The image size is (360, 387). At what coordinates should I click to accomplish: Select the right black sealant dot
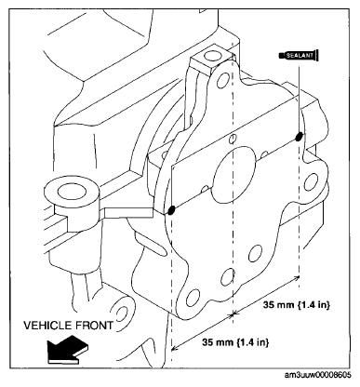pyautogui.click(x=299, y=138)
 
